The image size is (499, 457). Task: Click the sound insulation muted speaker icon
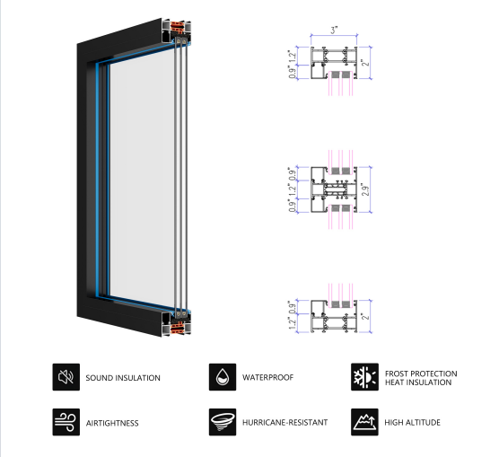66,377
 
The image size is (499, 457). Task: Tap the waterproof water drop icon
223,377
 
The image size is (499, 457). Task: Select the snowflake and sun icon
364,377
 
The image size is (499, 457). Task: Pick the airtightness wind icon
66,422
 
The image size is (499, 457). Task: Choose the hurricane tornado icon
223,422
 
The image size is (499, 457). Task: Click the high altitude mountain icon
364,422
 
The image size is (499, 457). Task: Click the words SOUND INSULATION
123,378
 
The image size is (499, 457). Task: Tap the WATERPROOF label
267,377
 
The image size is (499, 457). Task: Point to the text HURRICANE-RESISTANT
285,423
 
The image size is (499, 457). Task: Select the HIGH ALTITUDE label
413,423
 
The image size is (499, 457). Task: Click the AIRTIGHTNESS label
112,423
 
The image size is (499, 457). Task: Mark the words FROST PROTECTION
421,374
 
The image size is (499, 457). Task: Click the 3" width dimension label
334,31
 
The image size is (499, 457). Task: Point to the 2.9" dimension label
365,189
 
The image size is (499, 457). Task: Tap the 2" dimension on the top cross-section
365,63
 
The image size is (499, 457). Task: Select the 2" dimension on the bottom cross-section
365,316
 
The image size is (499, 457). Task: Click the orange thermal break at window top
178,28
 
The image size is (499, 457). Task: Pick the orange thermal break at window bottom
178,327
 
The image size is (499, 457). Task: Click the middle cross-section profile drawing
334,189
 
